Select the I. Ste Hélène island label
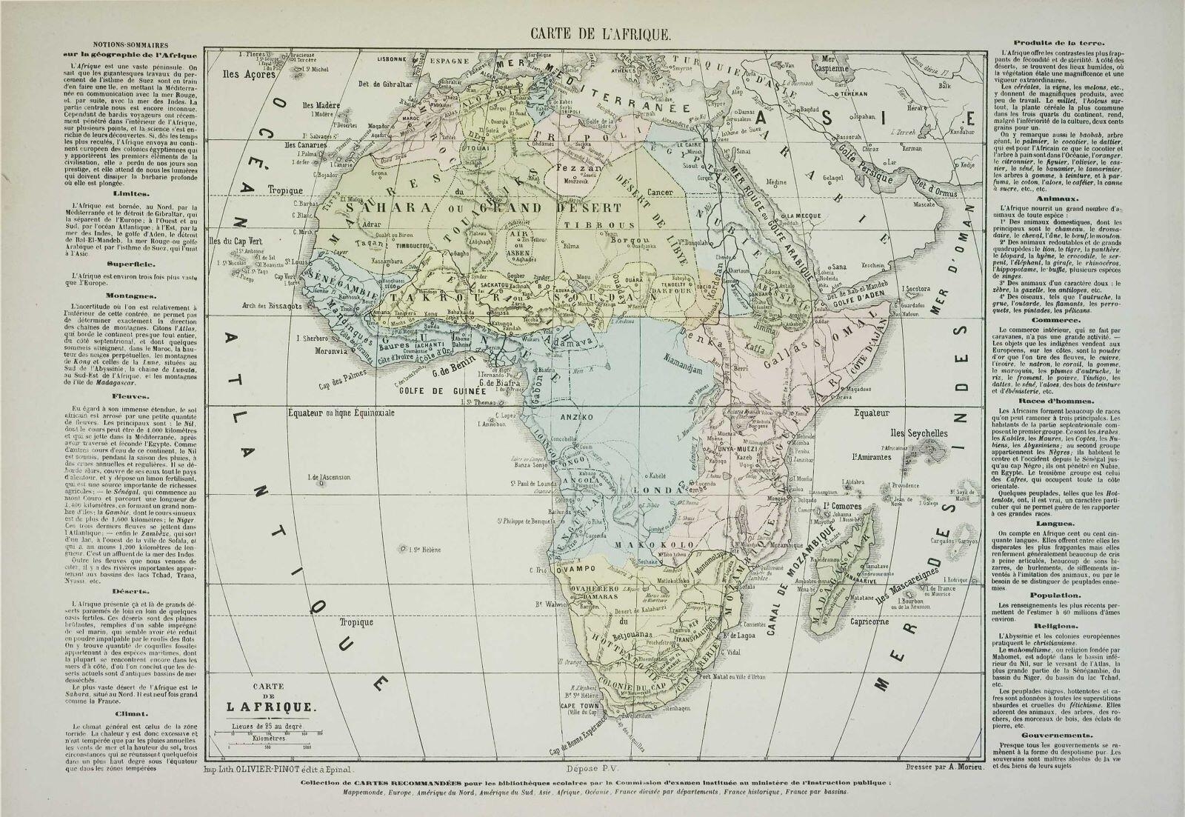pyautogui.click(x=423, y=549)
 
